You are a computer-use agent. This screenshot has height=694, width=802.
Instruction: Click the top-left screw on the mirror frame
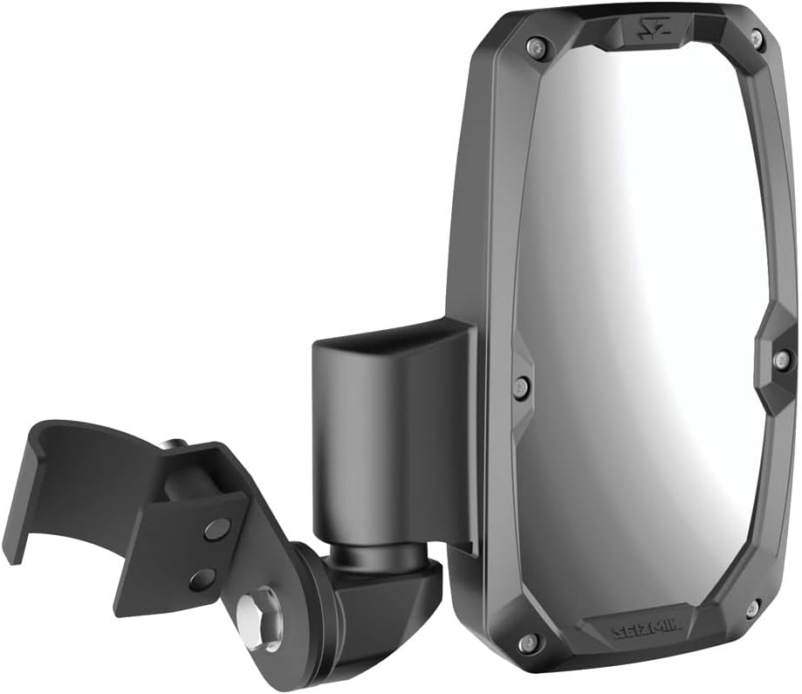click(x=532, y=46)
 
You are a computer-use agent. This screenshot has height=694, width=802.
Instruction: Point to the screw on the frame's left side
click(x=522, y=387)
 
